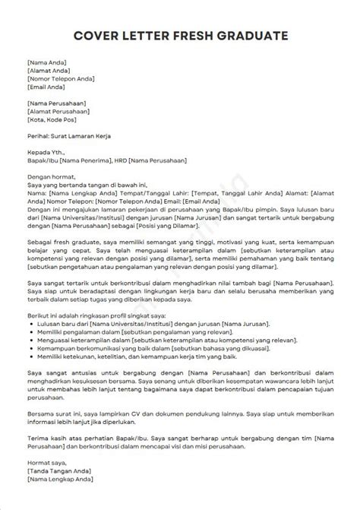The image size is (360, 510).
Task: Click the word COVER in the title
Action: point(99,35)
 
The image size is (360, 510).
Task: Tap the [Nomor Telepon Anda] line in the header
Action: point(58,78)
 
